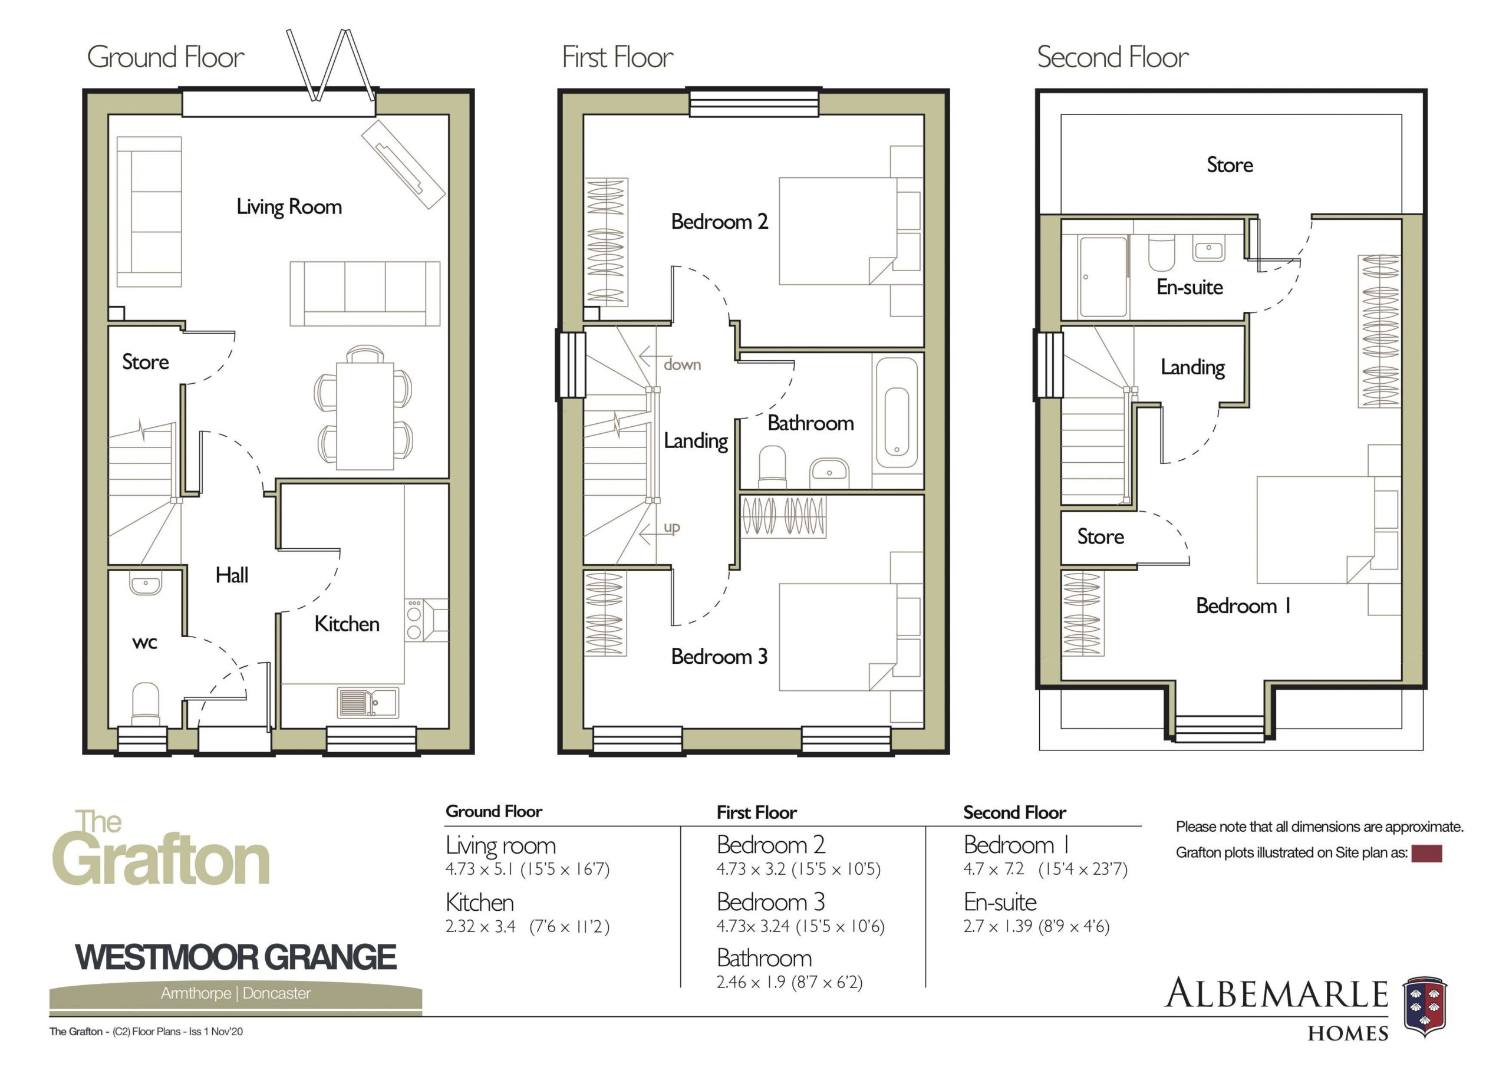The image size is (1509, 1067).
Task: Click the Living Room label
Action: (289, 207)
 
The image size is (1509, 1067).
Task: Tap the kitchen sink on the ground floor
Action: (368, 702)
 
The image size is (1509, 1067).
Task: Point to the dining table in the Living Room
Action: (365, 416)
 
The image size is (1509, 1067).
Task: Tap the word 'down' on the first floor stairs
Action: (682, 364)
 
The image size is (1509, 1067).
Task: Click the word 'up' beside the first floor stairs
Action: (672, 526)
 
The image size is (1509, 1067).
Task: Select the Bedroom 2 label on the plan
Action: (720, 222)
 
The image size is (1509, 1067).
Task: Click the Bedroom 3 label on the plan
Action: (719, 656)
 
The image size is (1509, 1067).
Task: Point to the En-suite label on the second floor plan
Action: (1190, 287)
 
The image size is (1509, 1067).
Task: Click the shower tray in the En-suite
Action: (1103, 277)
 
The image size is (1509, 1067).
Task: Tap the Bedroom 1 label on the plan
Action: (1243, 605)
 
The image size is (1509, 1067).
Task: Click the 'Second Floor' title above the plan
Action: (1113, 57)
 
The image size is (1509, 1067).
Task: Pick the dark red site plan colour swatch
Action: (1427, 854)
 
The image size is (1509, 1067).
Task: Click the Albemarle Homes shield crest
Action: (1425, 1006)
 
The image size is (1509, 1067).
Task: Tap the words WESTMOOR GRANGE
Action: (236, 957)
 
